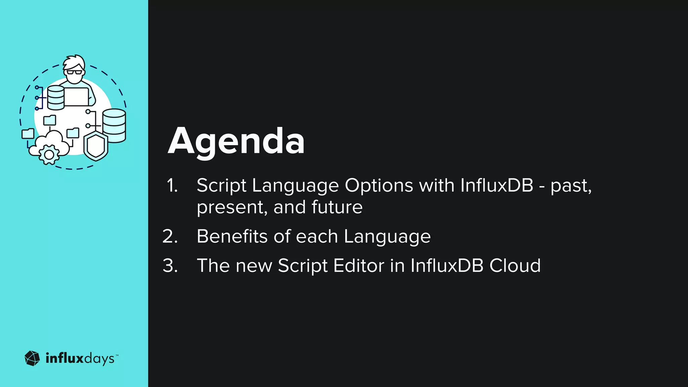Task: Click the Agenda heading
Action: [x=236, y=141]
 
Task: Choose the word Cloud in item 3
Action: [x=515, y=266]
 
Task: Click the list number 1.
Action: [x=172, y=185]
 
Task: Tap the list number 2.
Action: [x=170, y=236]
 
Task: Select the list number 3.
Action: [x=170, y=266]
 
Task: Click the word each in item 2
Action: [x=316, y=236]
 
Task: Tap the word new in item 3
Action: [x=254, y=266]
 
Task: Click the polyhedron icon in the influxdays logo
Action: [x=32, y=358]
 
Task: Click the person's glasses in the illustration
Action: [x=74, y=72]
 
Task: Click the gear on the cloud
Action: [x=49, y=155]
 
